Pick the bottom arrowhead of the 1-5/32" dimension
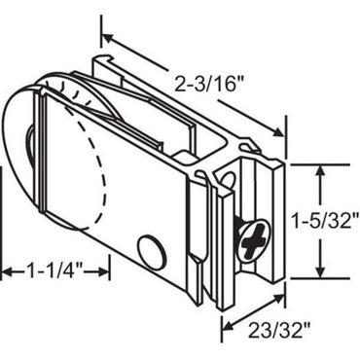pyautogui.click(x=320, y=274)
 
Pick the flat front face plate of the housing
pyautogui.click(x=136, y=185)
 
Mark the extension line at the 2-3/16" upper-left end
pyautogui.click(x=100, y=29)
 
